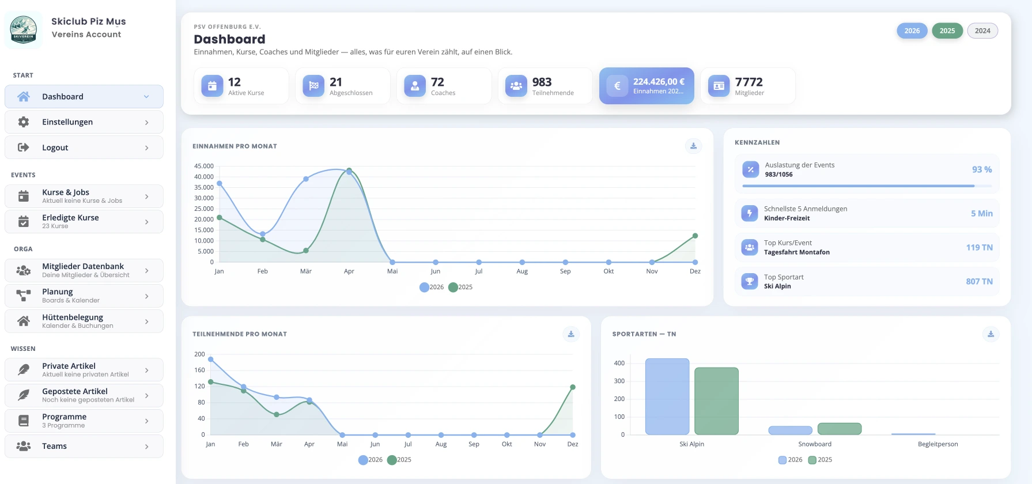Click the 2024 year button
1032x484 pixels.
coord(982,31)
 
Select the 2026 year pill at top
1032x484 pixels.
coord(912,31)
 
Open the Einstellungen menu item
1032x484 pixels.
coord(84,122)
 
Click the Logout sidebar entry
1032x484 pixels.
coord(84,148)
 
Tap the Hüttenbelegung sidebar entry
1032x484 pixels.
coord(84,321)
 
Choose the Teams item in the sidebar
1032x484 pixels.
coord(84,446)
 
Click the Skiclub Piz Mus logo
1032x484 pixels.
coord(24,29)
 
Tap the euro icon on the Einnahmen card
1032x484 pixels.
coord(617,86)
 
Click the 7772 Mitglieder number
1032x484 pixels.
coord(749,82)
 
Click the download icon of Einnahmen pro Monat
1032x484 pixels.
coord(694,146)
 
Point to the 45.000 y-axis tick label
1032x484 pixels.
coord(204,166)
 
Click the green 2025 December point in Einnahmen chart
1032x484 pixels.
coord(695,236)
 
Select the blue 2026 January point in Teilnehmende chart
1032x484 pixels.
coord(211,360)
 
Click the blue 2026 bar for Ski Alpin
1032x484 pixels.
coord(667,396)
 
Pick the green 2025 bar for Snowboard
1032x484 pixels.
coord(840,429)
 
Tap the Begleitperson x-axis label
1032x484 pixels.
coord(938,444)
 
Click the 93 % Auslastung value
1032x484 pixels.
coord(982,169)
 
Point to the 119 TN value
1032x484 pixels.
coord(980,247)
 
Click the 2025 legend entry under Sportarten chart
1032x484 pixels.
coord(821,460)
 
